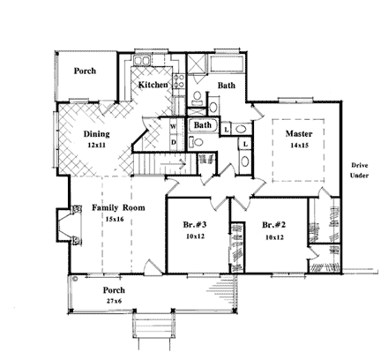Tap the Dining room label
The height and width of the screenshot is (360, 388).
tap(96, 134)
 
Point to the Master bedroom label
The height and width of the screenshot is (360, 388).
tap(295, 134)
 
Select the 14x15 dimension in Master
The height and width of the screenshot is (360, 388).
tap(295, 147)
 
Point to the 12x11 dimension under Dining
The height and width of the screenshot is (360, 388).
tap(96, 146)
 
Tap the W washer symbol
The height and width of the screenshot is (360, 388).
tap(173, 127)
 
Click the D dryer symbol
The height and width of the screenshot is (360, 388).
tap(173, 141)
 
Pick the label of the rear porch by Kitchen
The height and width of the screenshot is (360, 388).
tap(85, 72)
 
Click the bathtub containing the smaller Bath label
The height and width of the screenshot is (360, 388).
tap(202, 126)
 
